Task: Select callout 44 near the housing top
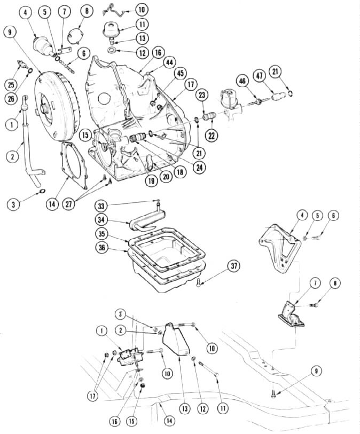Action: coord(169,62)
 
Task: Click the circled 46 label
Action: coord(243,81)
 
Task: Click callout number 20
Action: coord(167,177)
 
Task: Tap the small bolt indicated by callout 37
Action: coord(198,282)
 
